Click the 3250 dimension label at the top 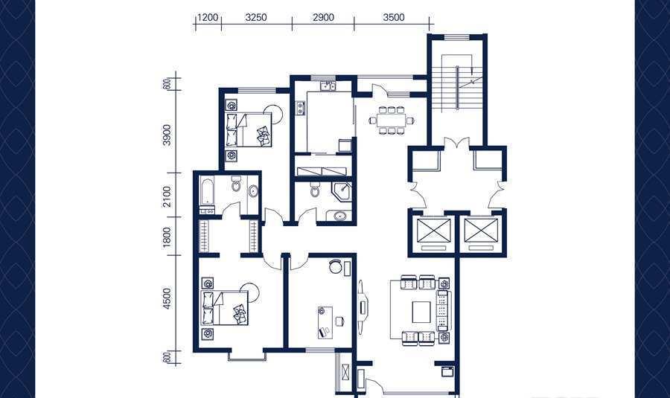point(256,18)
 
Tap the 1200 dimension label point(208,18)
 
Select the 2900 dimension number point(323,18)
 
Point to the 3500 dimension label point(394,18)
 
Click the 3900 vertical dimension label point(167,135)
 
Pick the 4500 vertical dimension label point(167,299)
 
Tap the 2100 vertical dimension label point(167,196)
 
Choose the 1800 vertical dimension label point(167,236)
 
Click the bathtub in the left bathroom point(206,191)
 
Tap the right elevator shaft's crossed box point(481,231)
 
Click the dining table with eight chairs point(392,120)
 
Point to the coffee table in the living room point(422,312)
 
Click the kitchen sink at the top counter point(328,86)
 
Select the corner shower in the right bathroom point(342,191)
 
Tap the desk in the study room point(324,322)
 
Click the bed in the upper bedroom point(249,130)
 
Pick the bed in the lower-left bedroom point(225,308)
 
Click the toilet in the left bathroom point(235,184)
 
